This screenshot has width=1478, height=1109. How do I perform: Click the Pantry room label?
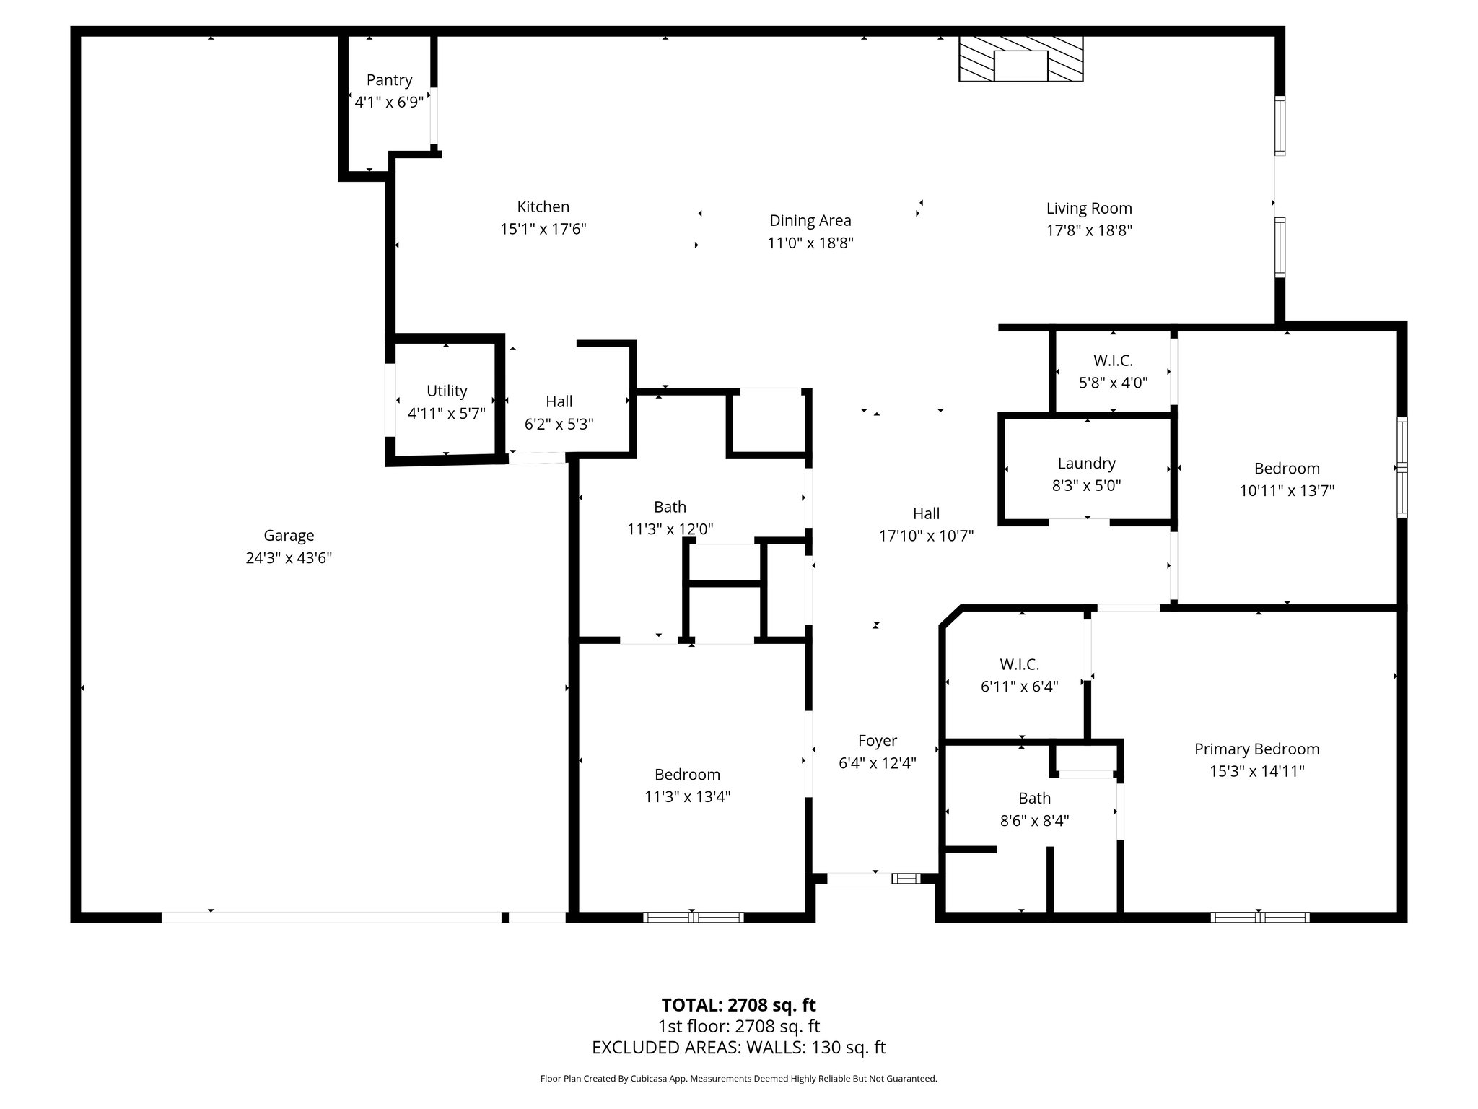click(x=389, y=80)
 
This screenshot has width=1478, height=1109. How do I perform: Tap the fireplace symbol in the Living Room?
click(x=1020, y=59)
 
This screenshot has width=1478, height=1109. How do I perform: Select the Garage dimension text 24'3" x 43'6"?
click(x=289, y=558)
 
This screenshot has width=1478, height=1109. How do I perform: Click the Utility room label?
click(x=447, y=391)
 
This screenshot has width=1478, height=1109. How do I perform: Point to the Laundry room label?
click(x=1086, y=464)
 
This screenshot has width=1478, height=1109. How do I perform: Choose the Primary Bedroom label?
click(x=1256, y=749)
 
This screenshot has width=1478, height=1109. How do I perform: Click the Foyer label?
click(x=877, y=741)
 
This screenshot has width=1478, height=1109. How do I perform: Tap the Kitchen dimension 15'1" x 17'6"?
click(x=543, y=230)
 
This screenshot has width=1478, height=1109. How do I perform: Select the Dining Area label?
click(x=810, y=221)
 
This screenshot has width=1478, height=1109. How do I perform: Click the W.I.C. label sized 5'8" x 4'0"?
click(x=1113, y=360)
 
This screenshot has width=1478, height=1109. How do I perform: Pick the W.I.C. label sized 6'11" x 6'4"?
click(x=1019, y=664)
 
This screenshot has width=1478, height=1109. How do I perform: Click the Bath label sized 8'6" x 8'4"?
click(x=1034, y=799)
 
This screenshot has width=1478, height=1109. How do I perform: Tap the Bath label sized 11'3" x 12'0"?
click(x=670, y=507)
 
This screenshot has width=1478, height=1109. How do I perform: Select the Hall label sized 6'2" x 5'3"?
click(x=559, y=401)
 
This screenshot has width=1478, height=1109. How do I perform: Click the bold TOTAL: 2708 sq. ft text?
click(x=738, y=1005)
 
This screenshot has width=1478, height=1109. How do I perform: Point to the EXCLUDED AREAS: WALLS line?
click(x=738, y=1048)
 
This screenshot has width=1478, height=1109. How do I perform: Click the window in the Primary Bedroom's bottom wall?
click(x=1259, y=918)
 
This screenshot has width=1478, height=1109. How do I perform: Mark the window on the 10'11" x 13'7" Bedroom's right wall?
click(x=1402, y=467)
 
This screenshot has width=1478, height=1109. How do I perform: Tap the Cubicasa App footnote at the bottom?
click(x=738, y=1079)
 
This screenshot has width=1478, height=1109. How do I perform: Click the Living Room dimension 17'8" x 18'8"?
click(x=1089, y=231)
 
